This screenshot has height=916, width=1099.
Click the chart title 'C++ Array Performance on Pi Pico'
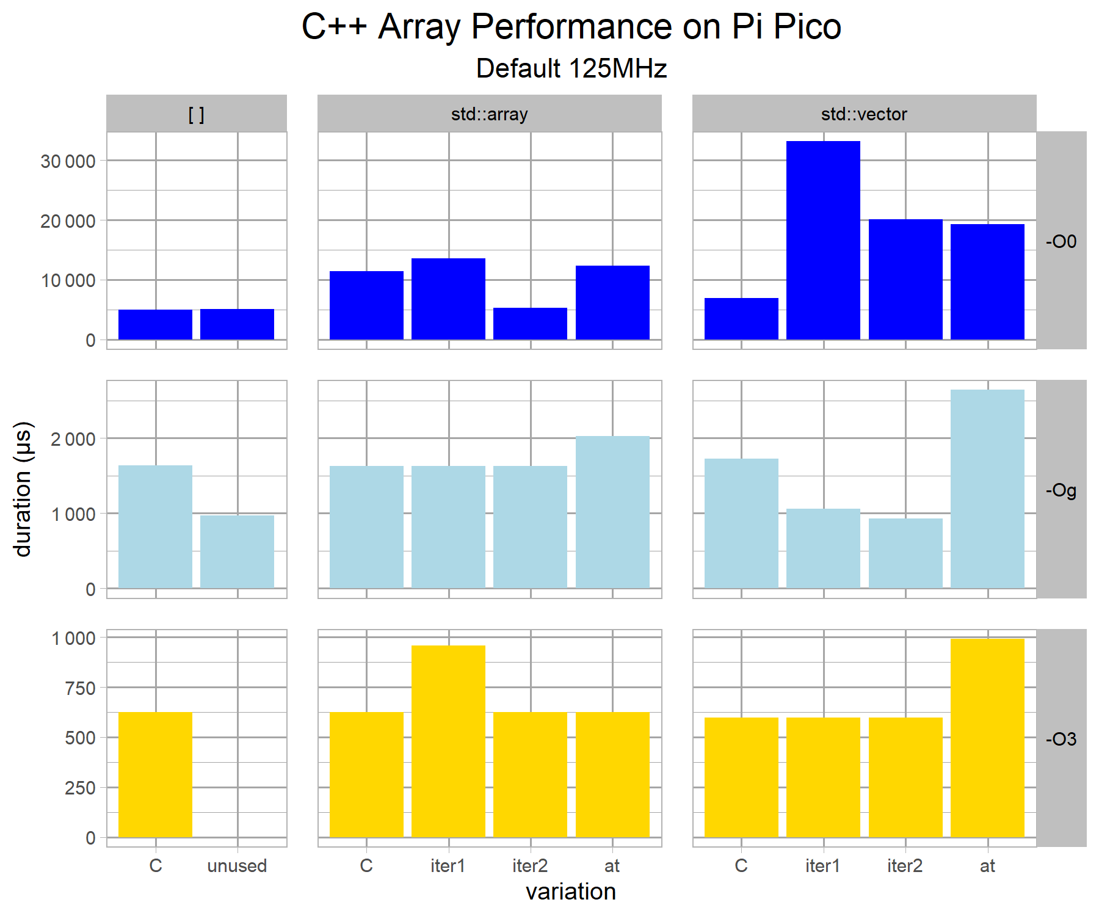click(571, 27)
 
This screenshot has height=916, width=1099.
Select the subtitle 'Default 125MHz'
click(571, 68)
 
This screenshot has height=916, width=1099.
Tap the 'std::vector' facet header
click(864, 114)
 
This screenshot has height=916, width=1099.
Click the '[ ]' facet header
click(196, 114)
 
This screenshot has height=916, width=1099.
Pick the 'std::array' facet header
click(489, 114)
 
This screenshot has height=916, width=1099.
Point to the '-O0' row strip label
click(1061, 241)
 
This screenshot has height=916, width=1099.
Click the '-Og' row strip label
click(1061, 490)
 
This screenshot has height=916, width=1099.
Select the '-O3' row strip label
click(1061, 739)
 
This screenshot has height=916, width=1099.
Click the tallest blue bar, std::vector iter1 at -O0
click(823, 240)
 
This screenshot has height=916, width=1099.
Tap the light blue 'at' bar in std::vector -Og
click(987, 489)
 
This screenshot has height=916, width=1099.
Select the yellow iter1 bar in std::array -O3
click(448, 741)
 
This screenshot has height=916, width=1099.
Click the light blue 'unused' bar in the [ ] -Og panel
click(237, 551)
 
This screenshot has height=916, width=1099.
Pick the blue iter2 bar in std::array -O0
click(530, 324)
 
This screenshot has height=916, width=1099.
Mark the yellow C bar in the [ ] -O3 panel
click(155, 774)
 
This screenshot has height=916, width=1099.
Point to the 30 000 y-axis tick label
click(68, 161)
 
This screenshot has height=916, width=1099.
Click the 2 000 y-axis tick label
click(73, 439)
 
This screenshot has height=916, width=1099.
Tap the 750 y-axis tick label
click(80, 688)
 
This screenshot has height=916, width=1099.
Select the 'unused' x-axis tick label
click(237, 865)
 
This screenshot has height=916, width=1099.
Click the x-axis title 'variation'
click(571, 892)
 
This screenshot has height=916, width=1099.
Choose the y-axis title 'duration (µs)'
click(23, 489)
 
